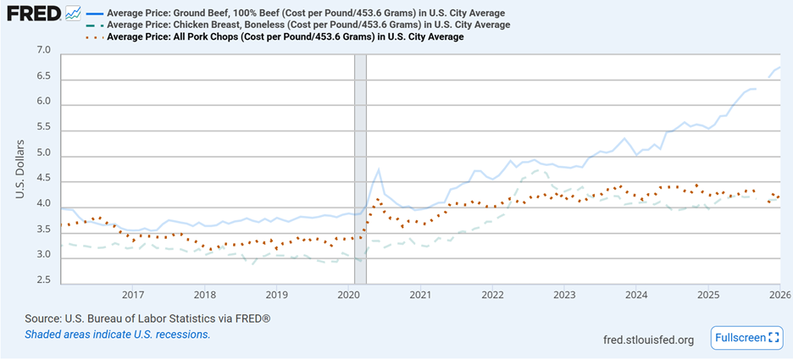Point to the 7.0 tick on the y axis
[44, 53]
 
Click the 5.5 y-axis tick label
[44, 129]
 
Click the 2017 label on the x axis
[132, 295]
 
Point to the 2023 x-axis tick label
[564, 295]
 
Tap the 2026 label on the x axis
[779, 295]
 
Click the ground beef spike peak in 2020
[379, 169]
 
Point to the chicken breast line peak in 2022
[535, 170]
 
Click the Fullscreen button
[746, 338]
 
